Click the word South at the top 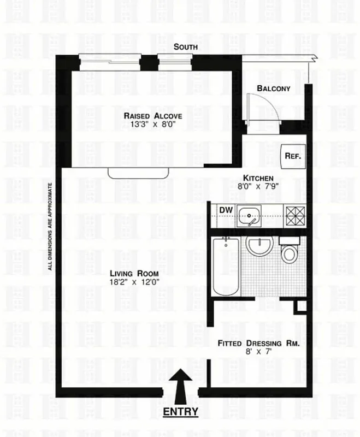tap(185, 47)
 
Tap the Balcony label tap(273, 88)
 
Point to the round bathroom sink tap(258, 246)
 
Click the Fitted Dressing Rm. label tap(258, 343)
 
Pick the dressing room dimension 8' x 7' tap(258, 352)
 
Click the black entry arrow tap(180, 382)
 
